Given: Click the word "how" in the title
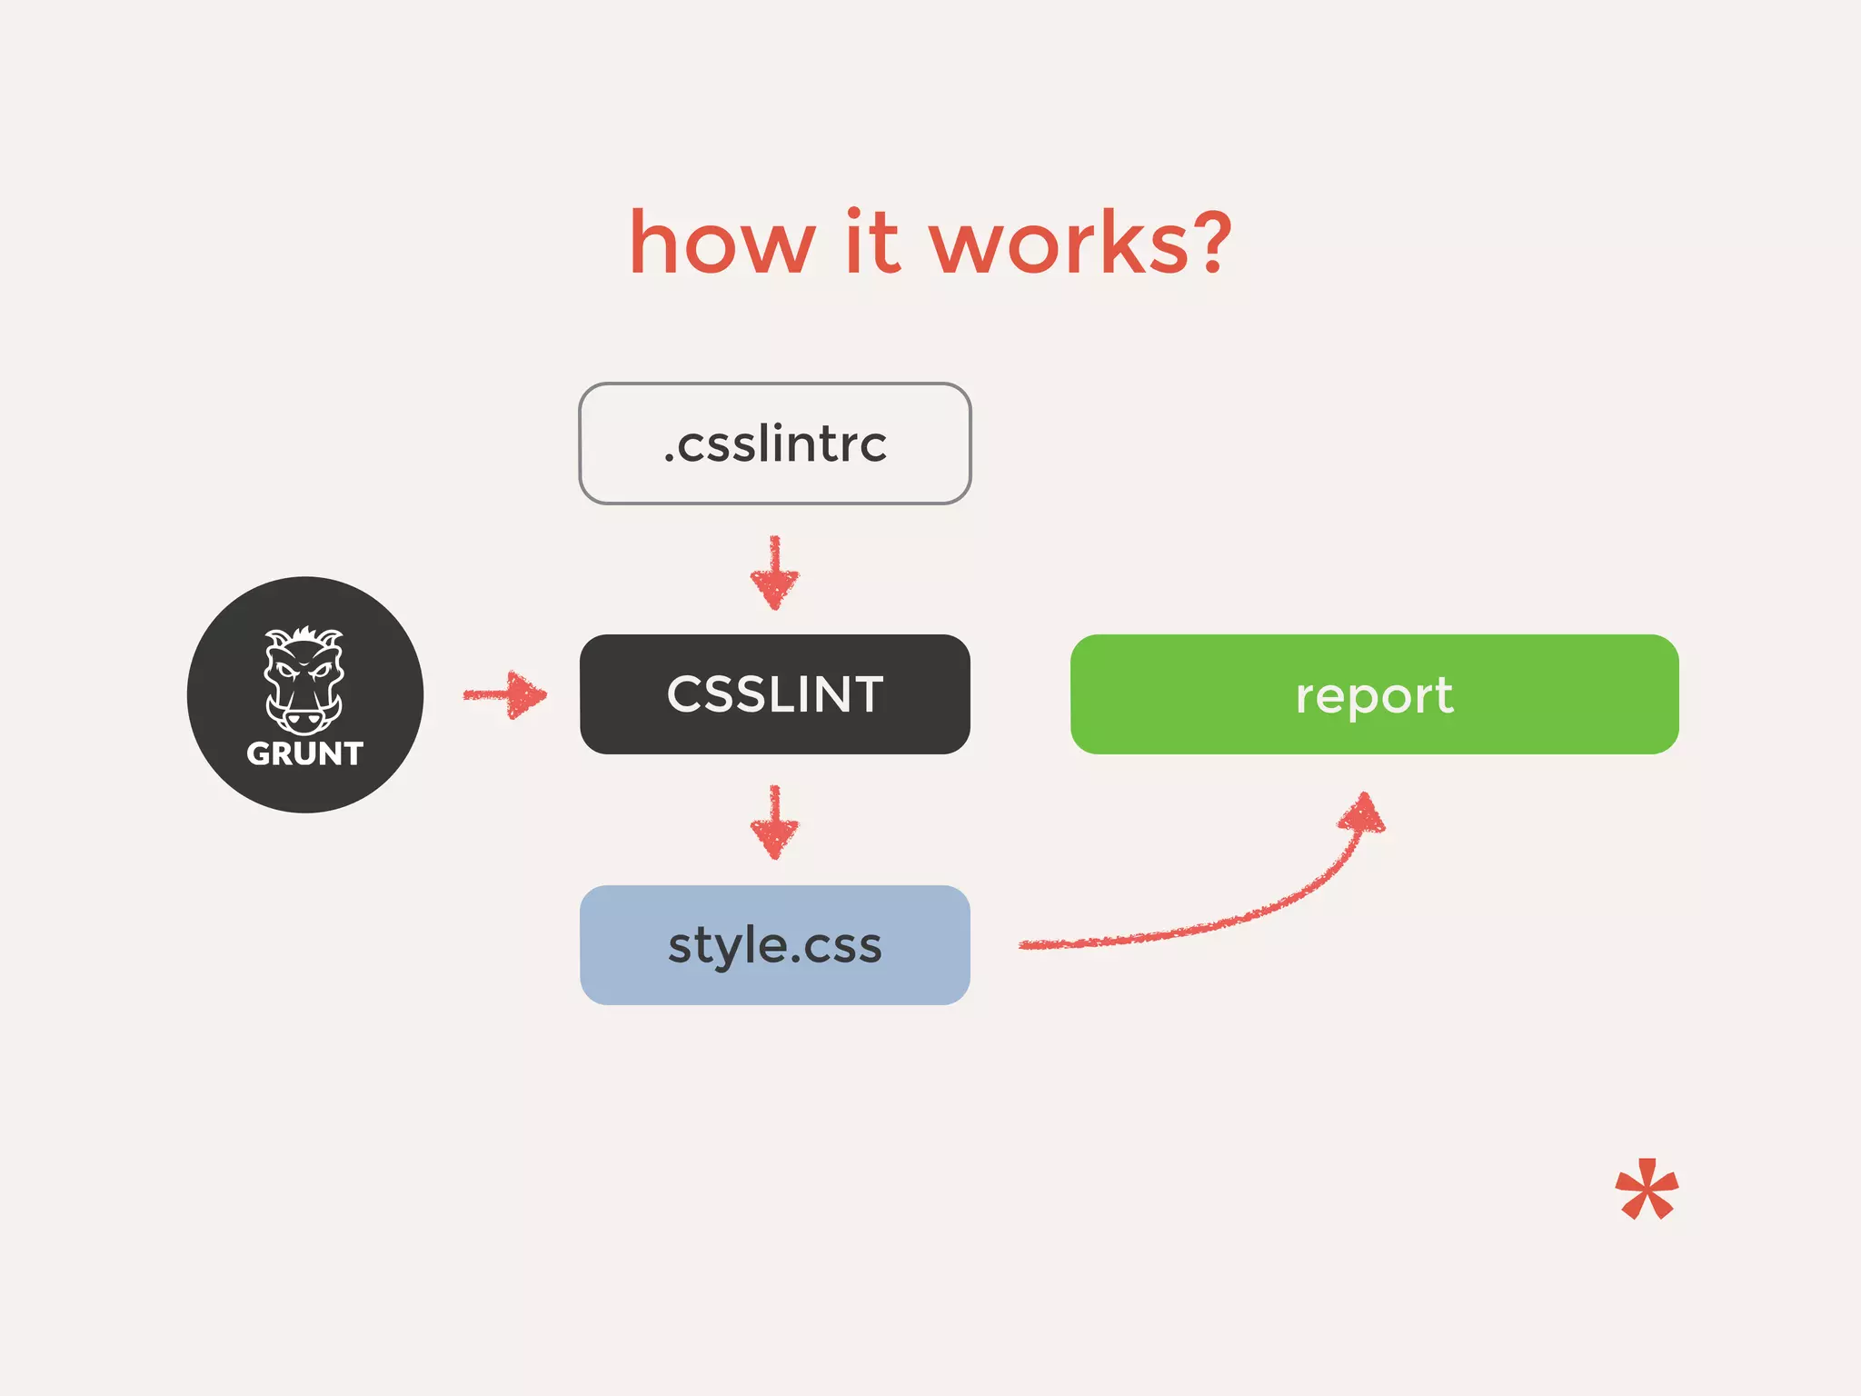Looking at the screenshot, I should [x=722, y=244].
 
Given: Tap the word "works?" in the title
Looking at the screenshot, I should [x=1080, y=244].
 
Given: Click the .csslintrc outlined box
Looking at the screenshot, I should [x=775, y=444].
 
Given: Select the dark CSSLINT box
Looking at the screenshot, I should [x=775, y=694].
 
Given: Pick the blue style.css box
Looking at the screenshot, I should [x=775, y=945].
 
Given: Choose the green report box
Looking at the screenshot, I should [x=1374, y=694].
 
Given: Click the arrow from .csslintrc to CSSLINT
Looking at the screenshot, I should [x=775, y=573].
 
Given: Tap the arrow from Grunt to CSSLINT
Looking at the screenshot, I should [x=506, y=695].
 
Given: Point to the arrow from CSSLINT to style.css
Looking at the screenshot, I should [x=775, y=823].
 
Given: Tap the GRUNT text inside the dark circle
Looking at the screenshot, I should [x=304, y=754].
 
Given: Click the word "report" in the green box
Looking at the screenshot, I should [x=1374, y=696].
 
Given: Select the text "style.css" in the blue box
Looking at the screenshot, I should [x=775, y=946].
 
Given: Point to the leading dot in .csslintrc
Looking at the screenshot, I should [x=669, y=461].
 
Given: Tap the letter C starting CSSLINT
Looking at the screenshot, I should [x=682, y=694].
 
